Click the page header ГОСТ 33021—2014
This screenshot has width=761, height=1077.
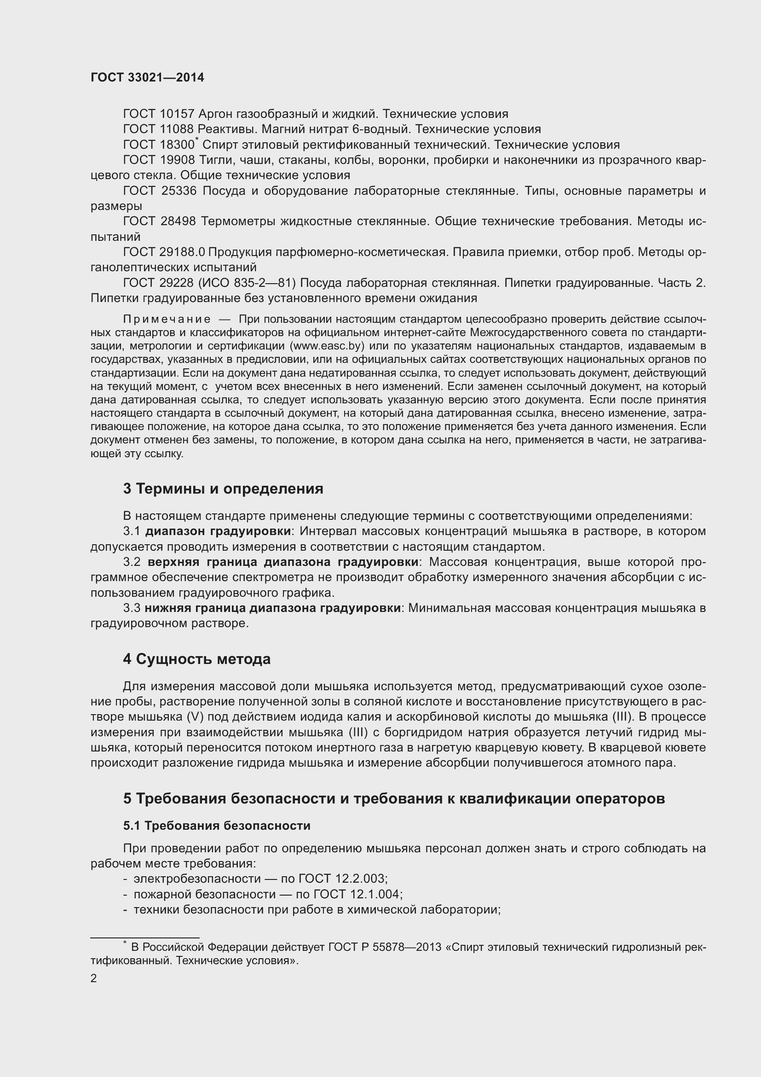tap(147, 77)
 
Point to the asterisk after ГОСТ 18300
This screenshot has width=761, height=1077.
tap(197, 140)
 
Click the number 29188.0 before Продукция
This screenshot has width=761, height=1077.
tap(182, 252)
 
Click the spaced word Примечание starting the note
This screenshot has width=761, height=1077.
tap(167, 320)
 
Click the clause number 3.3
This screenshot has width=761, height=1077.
tap(132, 608)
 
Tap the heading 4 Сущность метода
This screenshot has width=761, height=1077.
tap(196, 659)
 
